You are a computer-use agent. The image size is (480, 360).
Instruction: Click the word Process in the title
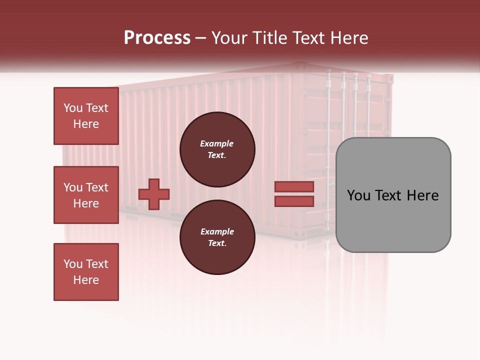[157, 38]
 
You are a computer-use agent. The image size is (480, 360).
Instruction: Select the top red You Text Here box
[86, 116]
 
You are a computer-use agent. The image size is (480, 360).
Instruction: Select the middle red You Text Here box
[86, 195]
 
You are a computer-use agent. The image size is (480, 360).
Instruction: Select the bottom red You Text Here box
[86, 272]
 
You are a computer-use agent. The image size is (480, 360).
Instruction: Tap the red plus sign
[154, 194]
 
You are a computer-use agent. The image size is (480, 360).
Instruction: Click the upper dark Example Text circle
[217, 149]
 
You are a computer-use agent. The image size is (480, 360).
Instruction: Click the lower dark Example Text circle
[217, 237]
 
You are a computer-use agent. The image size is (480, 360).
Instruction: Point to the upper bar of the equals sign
[294, 187]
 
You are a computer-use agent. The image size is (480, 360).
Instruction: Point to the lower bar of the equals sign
[294, 201]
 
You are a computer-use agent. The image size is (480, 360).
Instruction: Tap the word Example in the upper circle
[217, 144]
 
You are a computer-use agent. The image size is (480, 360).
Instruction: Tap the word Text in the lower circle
[217, 243]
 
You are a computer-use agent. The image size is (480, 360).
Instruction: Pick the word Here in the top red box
[86, 124]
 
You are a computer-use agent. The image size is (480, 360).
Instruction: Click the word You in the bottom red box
[73, 264]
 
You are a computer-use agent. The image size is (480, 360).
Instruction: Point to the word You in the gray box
[358, 195]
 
